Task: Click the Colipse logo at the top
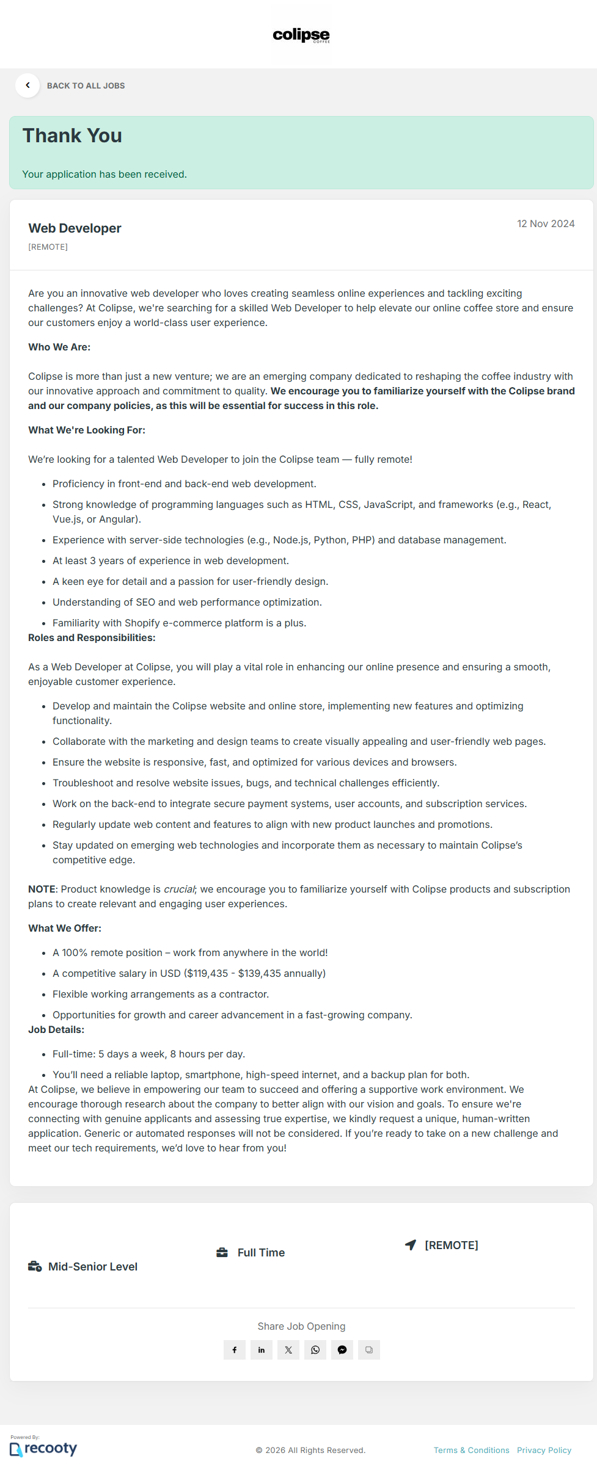tap(301, 35)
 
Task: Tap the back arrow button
tap(27, 85)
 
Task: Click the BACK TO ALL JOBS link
tap(86, 86)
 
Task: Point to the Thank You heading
tap(72, 136)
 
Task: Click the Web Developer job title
tap(75, 228)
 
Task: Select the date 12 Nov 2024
tap(545, 223)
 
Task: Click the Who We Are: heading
tap(59, 347)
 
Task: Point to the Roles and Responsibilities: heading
tap(92, 637)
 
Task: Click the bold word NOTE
tap(42, 889)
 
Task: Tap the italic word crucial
tap(179, 889)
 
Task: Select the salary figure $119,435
tap(207, 973)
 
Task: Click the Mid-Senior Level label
tap(93, 1267)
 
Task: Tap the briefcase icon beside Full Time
tap(222, 1253)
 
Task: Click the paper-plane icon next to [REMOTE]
tap(411, 1245)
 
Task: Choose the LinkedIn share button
tap(262, 1350)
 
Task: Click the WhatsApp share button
tap(315, 1350)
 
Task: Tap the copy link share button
tap(369, 1350)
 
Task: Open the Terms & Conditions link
tap(471, 1450)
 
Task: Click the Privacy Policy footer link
tap(544, 1450)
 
